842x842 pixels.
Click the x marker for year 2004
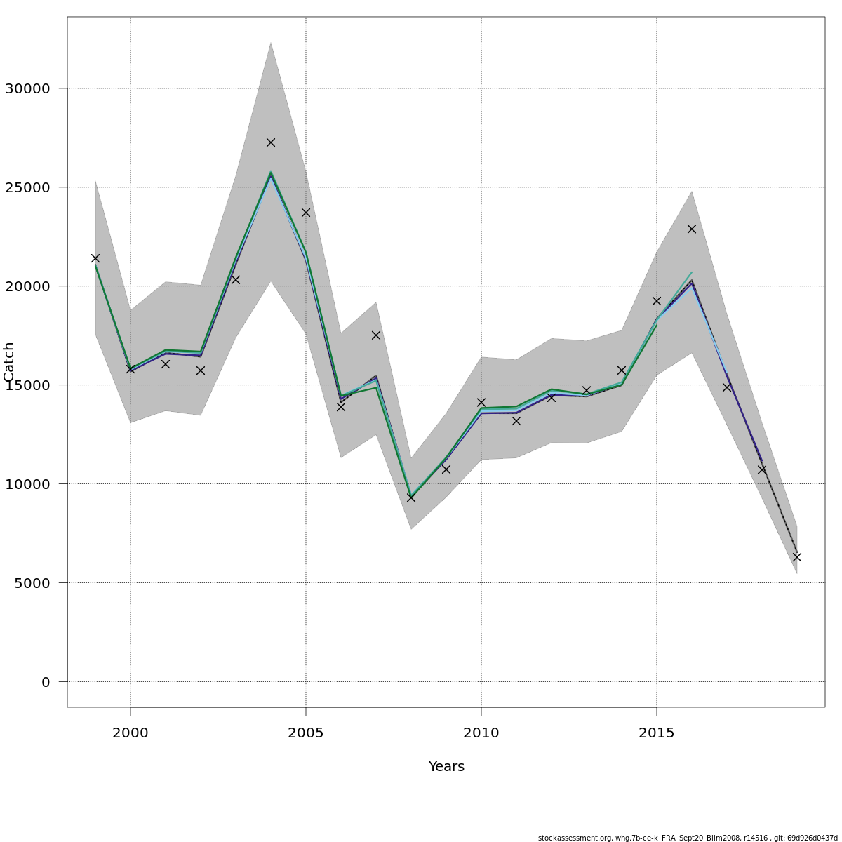pyautogui.click(x=271, y=142)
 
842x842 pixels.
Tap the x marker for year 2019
pyautogui.click(x=797, y=557)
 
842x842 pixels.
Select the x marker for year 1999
pyautogui.click(x=95, y=258)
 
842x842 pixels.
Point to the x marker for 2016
pyautogui.click(x=692, y=229)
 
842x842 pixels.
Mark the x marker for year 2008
pyautogui.click(x=411, y=497)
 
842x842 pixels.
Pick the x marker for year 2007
pyautogui.click(x=376, y=335)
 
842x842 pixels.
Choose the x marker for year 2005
pyautogui.click(x=306, y=213)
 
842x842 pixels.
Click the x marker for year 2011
pyautogui.click(x=516, y=421)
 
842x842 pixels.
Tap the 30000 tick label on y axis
pyautogui.click(x=27, y=88)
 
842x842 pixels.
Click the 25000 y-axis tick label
pyautogui.click(x=27, y=187)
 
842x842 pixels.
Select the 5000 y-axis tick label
pyautogui.click(x=32, y=582)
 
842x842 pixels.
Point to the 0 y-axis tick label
pyautogui.click(x=46, y=681)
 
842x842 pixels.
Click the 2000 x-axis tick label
pyautogui.click(x=131, y=733)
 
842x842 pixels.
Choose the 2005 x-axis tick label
pyautogui.click(x=306, y=733)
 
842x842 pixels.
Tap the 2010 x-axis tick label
pyautogui.click(x=481, y=733)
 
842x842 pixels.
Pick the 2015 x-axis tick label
pyautogui.click(x=657, y=733)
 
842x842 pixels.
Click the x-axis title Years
pyautogui.click(x=446, y=767)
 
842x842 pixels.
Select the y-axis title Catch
pyautogui.click(x=9, y=361)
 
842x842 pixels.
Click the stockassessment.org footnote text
pyautogui.click(x=688, y=838)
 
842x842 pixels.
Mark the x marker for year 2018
pyautogui.click(x=762, y=469)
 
